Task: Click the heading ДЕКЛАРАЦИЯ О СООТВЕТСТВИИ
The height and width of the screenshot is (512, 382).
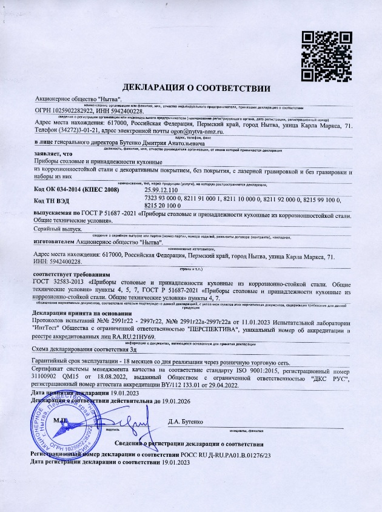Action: click(x=191, y=89)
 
